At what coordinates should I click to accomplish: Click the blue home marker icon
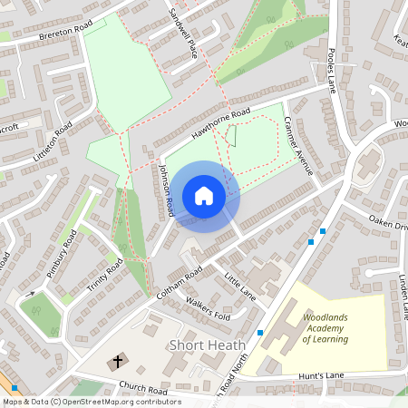[204, 197]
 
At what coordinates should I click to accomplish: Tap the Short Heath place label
[200, 345]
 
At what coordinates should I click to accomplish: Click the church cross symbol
[117, 363]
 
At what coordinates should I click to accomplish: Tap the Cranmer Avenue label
[298, 145]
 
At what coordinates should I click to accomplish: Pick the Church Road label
[142, 391]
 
